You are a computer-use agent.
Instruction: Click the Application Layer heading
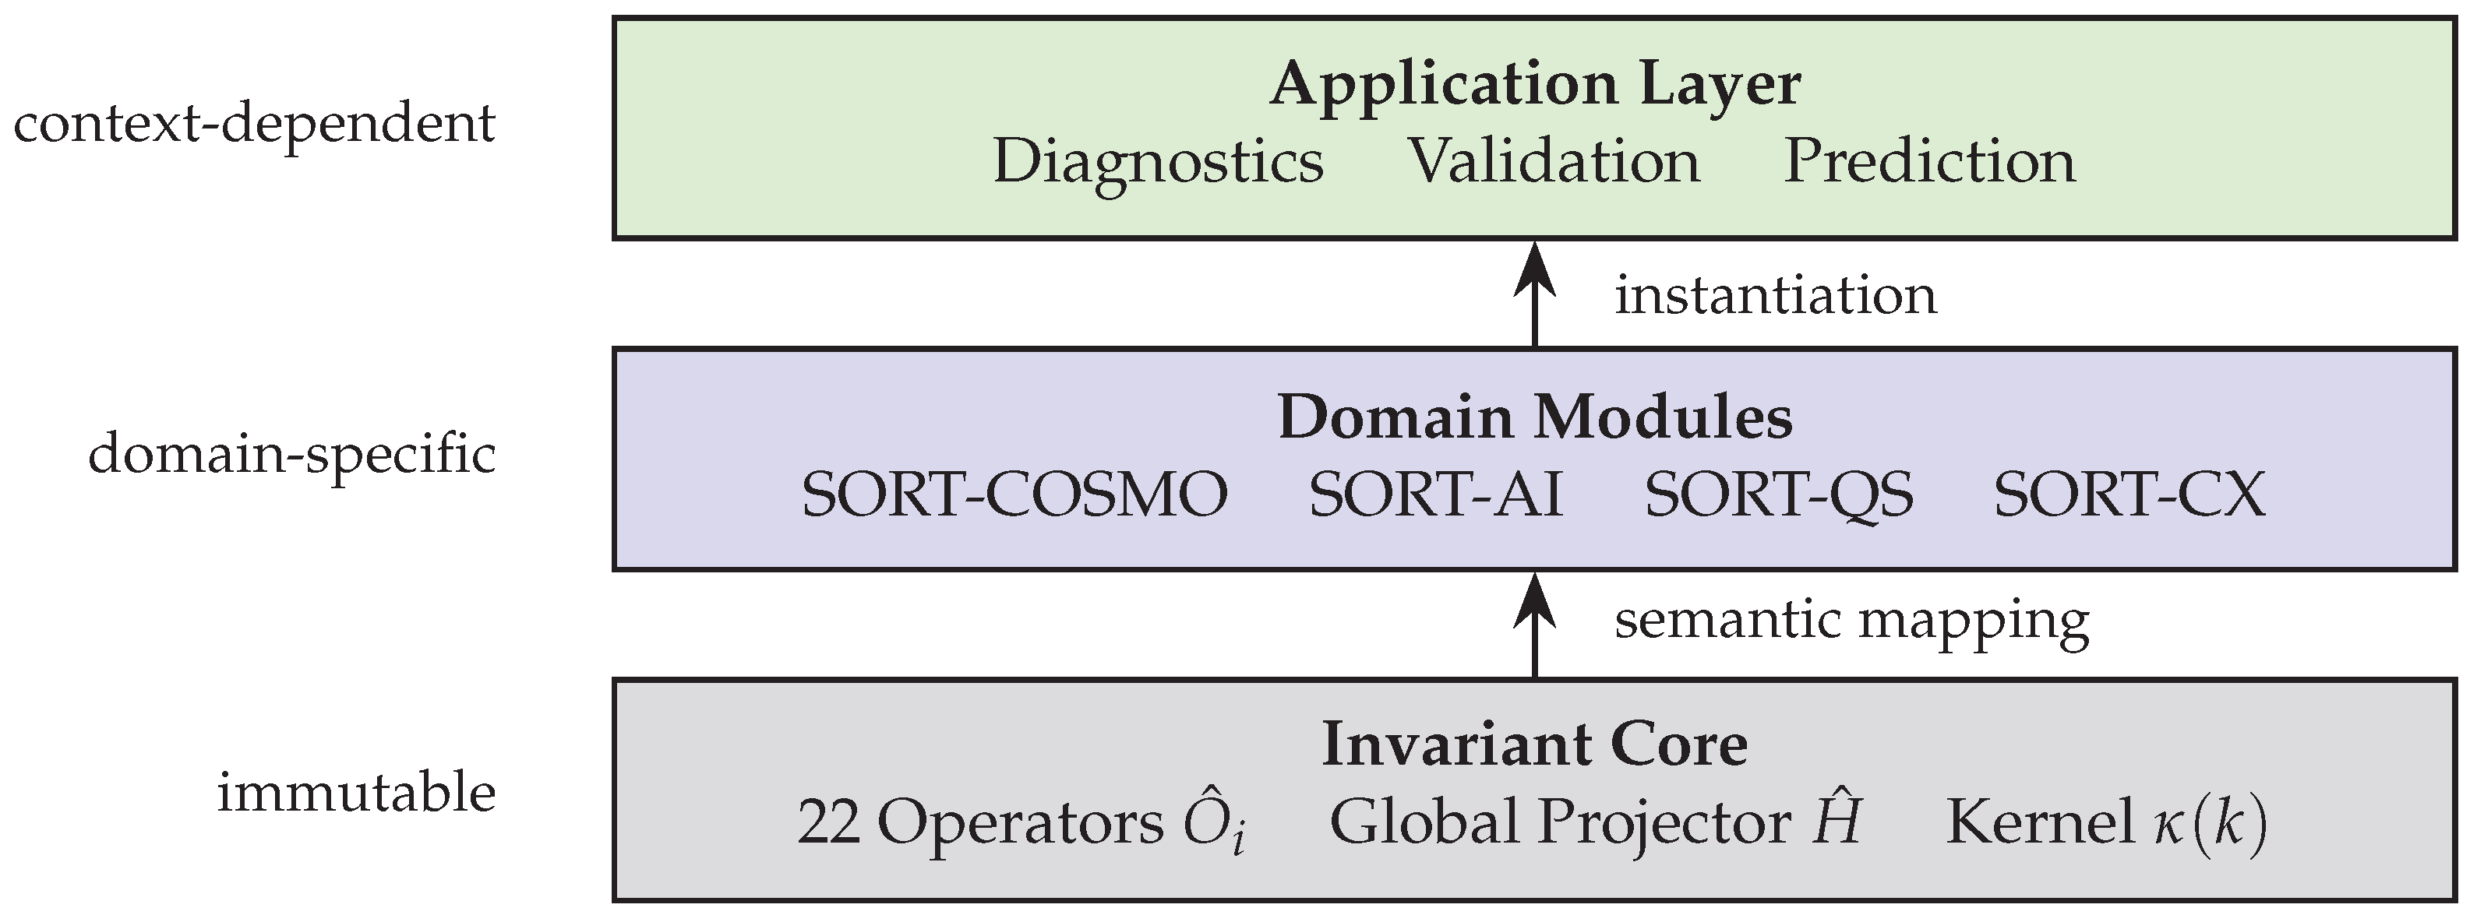click(1535, 85)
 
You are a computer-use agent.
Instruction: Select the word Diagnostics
click(1158, 161)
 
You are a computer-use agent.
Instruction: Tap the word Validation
click(1554, 161)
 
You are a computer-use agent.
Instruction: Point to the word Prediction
click(1929, 161)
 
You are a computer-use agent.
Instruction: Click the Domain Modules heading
click(1535, 418)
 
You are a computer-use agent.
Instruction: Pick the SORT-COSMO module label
click(1014, 495)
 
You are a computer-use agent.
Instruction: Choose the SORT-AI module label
click(1435, 495)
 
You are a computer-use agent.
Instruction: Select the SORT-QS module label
click(1779, 495)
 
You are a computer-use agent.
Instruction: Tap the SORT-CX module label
click(2129, 495)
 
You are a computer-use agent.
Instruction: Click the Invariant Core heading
click(1535, 745)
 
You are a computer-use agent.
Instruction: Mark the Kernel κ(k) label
click(2106, 824)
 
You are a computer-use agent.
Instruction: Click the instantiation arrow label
click(1775, 295)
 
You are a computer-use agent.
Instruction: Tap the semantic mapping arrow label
click(1851, 620)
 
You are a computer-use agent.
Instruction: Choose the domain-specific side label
click(292, 454)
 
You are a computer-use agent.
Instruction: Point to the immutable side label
click(356, 794)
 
